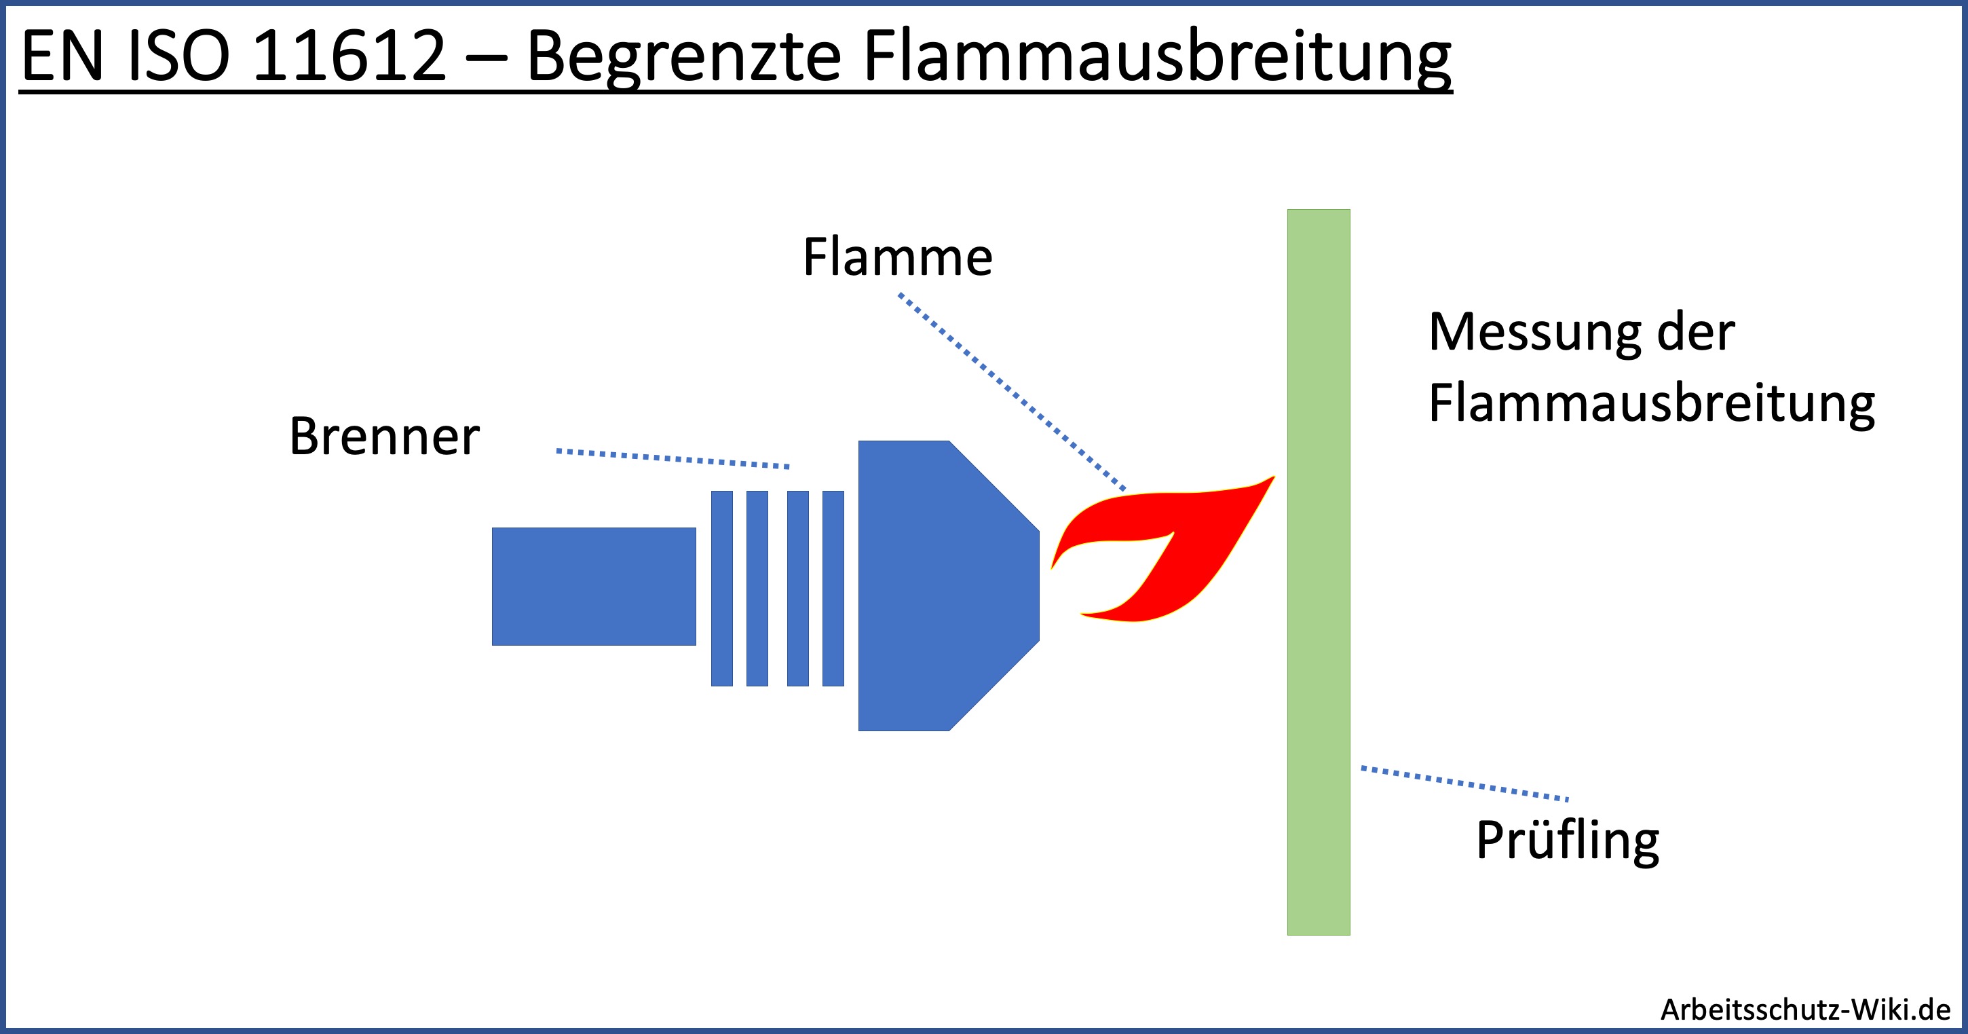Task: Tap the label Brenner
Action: [x=383, y=437]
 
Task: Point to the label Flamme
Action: [x=897, y=257]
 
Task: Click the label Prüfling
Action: [x=1567, y=840]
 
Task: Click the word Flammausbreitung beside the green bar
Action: [x=1651, y=403]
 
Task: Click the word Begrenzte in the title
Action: [x=684, y=56]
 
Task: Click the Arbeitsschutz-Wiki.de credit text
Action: [x=1805, y=1010]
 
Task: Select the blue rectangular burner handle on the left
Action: [x=594, y=586]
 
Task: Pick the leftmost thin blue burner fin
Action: [x=721, y=588]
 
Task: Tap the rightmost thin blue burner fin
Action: [x=833, y=588]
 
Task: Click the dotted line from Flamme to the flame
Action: [x=1012, y=391]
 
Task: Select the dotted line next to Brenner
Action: [x=673, y=458]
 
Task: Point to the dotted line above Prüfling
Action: [x=1464, y=783]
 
